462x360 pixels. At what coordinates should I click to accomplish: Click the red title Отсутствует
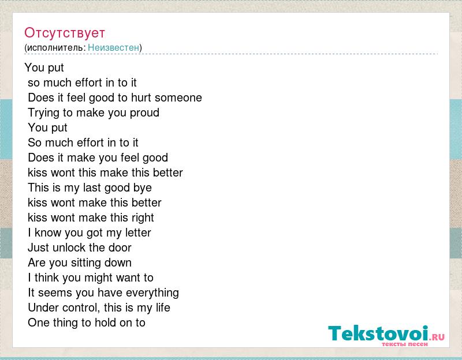pos(65,33)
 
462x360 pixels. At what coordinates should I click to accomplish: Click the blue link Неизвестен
pos(113,47)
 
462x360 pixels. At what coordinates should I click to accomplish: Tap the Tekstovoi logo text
pos(378,333)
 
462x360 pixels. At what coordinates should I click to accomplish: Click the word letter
pos(138,232)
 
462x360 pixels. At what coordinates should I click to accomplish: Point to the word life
pos(163,307)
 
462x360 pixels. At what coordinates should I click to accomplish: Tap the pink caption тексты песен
pos(405,344)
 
